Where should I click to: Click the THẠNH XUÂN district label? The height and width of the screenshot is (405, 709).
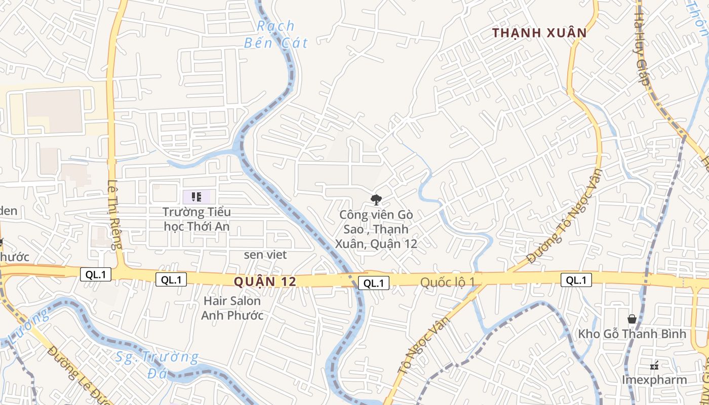[x=539, y=33]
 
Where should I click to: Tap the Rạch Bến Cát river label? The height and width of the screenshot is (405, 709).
[x=275, y=34]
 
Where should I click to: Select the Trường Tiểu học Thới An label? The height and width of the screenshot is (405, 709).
[x=196, y=219]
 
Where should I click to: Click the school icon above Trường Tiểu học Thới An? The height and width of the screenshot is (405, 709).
[x=196, y=196]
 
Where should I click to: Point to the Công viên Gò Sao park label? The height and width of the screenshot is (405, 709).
[x=376, y=229]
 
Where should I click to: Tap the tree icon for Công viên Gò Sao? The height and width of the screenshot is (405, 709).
[x=376, y=200]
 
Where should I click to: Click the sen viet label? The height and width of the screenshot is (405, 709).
[x=265, y=255]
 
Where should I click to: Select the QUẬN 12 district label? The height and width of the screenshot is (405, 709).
[x=265, y=281]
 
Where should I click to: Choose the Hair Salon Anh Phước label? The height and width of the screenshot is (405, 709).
[x=232, y=308]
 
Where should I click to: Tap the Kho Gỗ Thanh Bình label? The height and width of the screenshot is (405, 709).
[x=632, y=334]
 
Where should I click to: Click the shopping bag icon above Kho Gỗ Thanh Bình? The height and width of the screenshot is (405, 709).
[x=632, y=319]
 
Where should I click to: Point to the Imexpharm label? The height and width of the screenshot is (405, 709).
[x=654, y=380]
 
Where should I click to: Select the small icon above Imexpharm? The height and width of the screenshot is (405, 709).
[x=654, y=365]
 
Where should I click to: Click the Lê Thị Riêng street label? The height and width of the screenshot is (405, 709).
[x=115, y=215]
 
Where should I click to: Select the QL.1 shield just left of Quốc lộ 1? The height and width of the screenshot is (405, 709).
[x=374, y=283]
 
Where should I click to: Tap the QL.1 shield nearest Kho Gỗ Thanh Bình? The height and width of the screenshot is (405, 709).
[x=576, y=280]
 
